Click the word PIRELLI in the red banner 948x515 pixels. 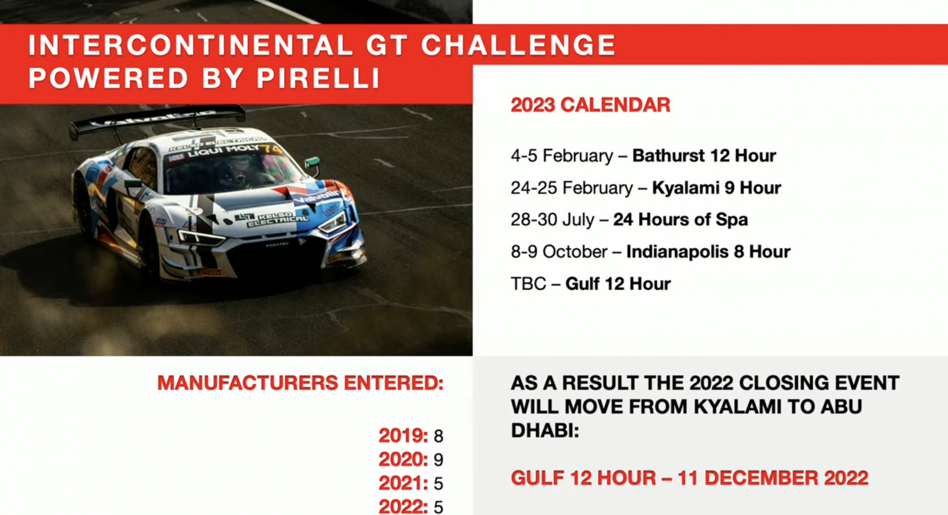click(x=318, y=78)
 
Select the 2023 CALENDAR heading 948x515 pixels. click(x=591, y=105)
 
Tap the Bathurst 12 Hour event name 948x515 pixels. click(x=704, y=156)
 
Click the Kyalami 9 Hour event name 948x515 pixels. click(x=716, y=188)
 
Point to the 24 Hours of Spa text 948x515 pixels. click(x=680, y=220)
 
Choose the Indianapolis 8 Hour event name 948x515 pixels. click(x=708, y=251)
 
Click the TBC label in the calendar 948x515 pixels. click(x=528, y=284)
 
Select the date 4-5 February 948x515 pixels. click(x=562, y=156)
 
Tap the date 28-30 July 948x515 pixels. click(x=553, y=220)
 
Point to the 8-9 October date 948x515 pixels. click(x=559, y=252)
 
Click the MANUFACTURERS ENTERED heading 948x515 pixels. click(x=300, y=383)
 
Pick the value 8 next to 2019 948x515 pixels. click(x=438, y=436)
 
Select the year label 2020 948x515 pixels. click(x=403, y=460)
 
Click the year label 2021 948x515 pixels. click(x=403, y=483)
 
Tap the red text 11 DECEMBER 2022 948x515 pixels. click(x=773, y=478)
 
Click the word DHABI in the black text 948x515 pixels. click(x=545, y=431)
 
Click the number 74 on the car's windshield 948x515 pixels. click(x=272, y=149)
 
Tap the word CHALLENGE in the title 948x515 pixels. click(x=518, y=45)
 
